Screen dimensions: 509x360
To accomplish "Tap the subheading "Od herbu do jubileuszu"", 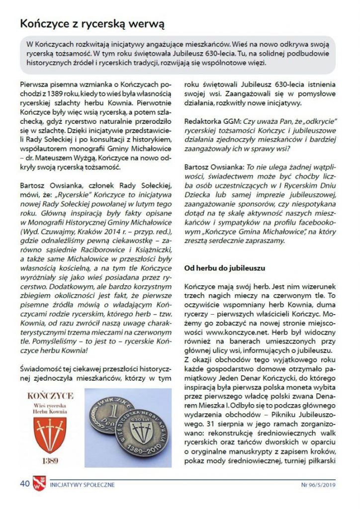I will [x=224, y=268].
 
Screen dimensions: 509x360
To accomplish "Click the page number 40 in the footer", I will [x=25, y=483].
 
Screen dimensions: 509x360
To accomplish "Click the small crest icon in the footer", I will [x=39, y=483].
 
